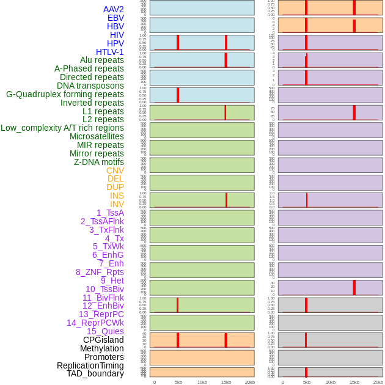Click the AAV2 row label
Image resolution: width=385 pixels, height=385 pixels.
point(113,9)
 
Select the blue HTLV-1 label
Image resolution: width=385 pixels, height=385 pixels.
point(109,52)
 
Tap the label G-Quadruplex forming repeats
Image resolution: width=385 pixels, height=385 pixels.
point(65,94)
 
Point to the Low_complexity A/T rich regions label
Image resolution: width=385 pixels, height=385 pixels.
point(62,128)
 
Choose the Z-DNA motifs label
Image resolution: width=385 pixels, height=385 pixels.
point(99,162)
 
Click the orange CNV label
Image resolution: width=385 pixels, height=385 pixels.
point(115,170)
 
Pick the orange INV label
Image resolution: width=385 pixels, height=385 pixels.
point(117,204)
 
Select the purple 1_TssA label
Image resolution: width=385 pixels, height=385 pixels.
point(110,213)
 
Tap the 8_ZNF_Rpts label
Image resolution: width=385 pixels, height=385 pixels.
point(100,272)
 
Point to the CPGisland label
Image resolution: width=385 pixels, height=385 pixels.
point(103,340)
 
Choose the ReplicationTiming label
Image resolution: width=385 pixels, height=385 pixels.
point(90,365)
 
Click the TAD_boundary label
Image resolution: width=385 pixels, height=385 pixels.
point(95,373)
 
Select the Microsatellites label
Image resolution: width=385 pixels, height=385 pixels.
point(97,136)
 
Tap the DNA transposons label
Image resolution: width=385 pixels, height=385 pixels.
point(90,86)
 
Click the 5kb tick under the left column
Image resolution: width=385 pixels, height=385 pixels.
point(178,382)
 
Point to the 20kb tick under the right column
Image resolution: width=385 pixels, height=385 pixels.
point(378,382)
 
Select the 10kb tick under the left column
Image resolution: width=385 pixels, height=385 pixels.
point(202,382)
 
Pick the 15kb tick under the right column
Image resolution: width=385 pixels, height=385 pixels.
point(354,382)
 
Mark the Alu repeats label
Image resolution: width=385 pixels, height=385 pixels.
point(102,60)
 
